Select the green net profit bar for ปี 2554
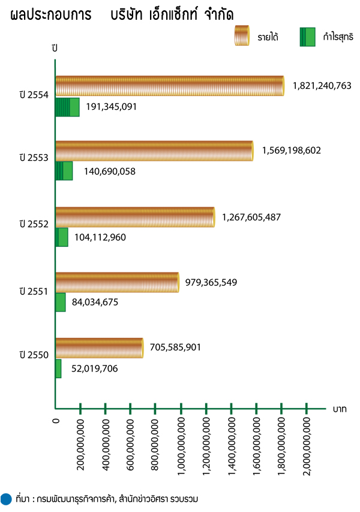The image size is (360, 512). click(67, 107)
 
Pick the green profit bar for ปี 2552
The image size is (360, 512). click(61, 237)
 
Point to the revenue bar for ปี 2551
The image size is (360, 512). click(117, 282)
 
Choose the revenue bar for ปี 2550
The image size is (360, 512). click(100, 348)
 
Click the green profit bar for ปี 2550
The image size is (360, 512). click(58, 369)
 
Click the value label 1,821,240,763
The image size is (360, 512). click(322, 86)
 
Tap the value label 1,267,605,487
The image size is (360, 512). click(251, 217)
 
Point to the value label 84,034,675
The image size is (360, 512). click(95, 303)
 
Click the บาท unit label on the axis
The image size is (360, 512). click(340, 409)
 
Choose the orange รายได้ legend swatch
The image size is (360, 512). click(242, 37)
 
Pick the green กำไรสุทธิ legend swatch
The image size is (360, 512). click(308, 37)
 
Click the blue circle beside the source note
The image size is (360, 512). click(7, 498)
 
